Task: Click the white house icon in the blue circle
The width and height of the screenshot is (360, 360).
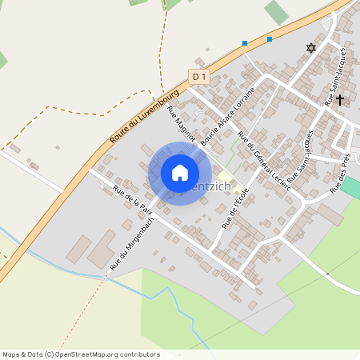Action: [x=180, y=173]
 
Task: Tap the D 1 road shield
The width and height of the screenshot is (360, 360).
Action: [x=199, y=77]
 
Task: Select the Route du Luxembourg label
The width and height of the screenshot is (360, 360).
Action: [x=144, y=117]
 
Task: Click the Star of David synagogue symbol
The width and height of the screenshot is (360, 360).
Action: [x=311, y=48]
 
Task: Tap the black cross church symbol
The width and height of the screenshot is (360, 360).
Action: [x=340, y=100]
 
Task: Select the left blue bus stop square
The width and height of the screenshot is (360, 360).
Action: [x=245, y=43]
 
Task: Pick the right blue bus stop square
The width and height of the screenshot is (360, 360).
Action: [x=270, y=38]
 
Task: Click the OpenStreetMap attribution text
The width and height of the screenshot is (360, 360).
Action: [x=81, y=354]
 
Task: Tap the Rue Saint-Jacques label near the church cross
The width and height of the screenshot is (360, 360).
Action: [x=336, y=76]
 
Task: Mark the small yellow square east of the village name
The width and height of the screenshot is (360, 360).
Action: [x=226, y=176]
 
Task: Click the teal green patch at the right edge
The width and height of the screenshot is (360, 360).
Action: [x=351, y=188]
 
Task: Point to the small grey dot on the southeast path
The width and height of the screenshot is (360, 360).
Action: [x=327, y=274]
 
